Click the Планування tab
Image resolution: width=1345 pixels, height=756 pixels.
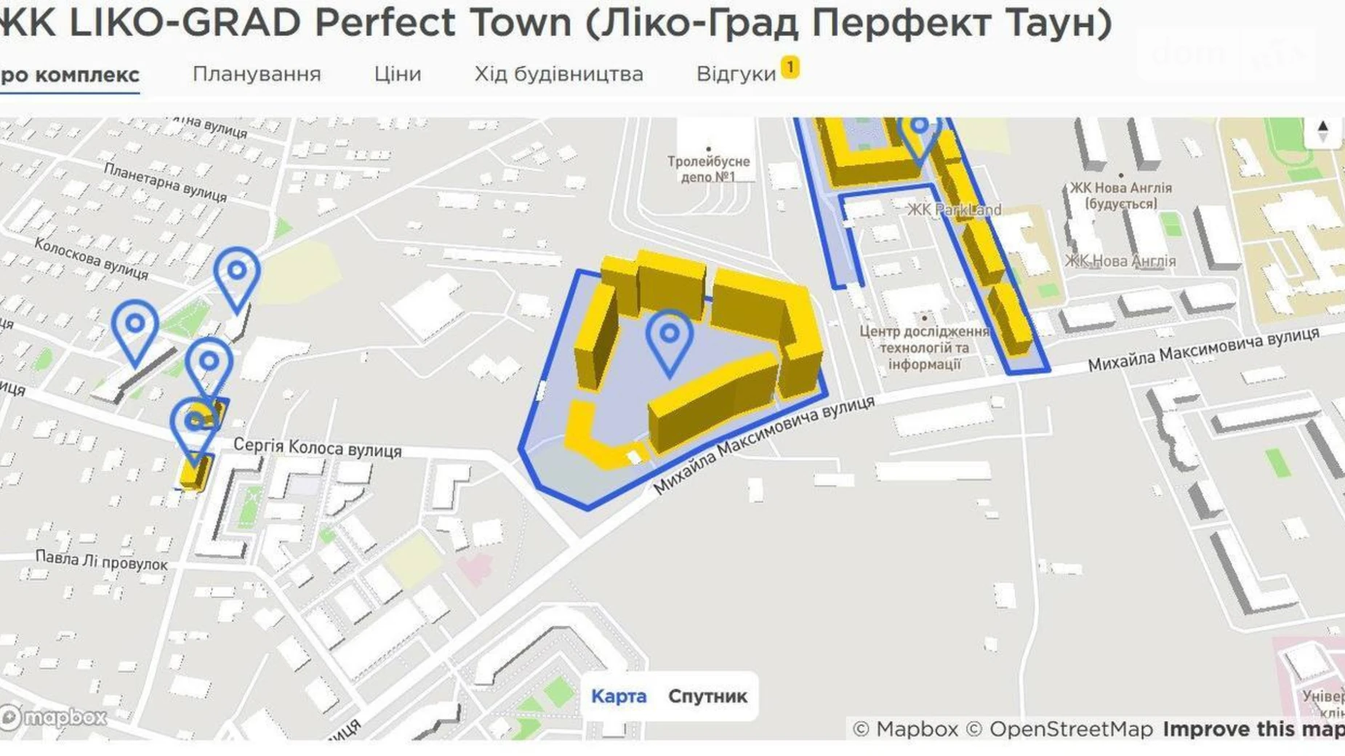click(257, 74)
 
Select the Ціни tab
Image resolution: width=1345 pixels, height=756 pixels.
click(398, 74)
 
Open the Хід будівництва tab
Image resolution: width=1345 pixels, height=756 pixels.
click(558, 74)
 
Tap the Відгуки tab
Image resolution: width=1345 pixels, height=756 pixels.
click(736, 74)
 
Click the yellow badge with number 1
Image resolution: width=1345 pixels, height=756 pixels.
click(790, 67)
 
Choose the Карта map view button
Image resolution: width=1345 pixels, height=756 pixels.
click(619, 696)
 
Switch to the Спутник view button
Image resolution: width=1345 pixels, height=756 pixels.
click(707, 696)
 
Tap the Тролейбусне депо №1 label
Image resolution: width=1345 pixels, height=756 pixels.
click(708, 169)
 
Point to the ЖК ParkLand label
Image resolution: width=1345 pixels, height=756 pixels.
click(954, 210)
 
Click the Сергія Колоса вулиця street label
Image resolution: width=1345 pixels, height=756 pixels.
click(317, 448)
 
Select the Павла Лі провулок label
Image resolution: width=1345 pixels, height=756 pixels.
click(102, 560)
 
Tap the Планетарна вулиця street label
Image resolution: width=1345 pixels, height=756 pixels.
click(165, 182)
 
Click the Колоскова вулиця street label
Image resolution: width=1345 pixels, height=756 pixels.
click(92, 259)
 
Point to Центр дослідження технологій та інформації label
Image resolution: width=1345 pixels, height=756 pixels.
click(924, 347)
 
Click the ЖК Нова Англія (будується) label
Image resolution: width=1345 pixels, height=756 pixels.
click(1120, 196)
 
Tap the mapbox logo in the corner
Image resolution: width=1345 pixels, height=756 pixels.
click(54, 717)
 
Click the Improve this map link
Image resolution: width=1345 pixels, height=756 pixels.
click(1253, 729)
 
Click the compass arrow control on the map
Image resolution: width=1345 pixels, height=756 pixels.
click(1322, 131)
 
